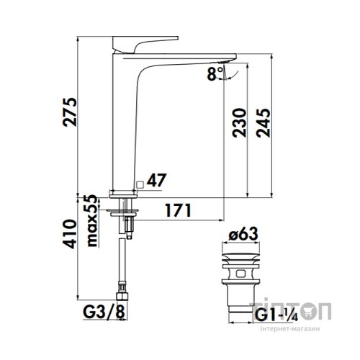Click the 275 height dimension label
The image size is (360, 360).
click(70, 112)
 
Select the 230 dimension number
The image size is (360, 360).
click(240, 123)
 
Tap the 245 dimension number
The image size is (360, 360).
click(263, 123)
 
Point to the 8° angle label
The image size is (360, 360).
click(215, 74)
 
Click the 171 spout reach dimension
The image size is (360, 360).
click(178, 210)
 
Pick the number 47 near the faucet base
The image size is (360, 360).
click(156, 180)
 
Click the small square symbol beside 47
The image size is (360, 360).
click(140, 184)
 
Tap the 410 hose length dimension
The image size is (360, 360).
click(70, 234)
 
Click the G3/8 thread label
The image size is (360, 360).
click(104, 312)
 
